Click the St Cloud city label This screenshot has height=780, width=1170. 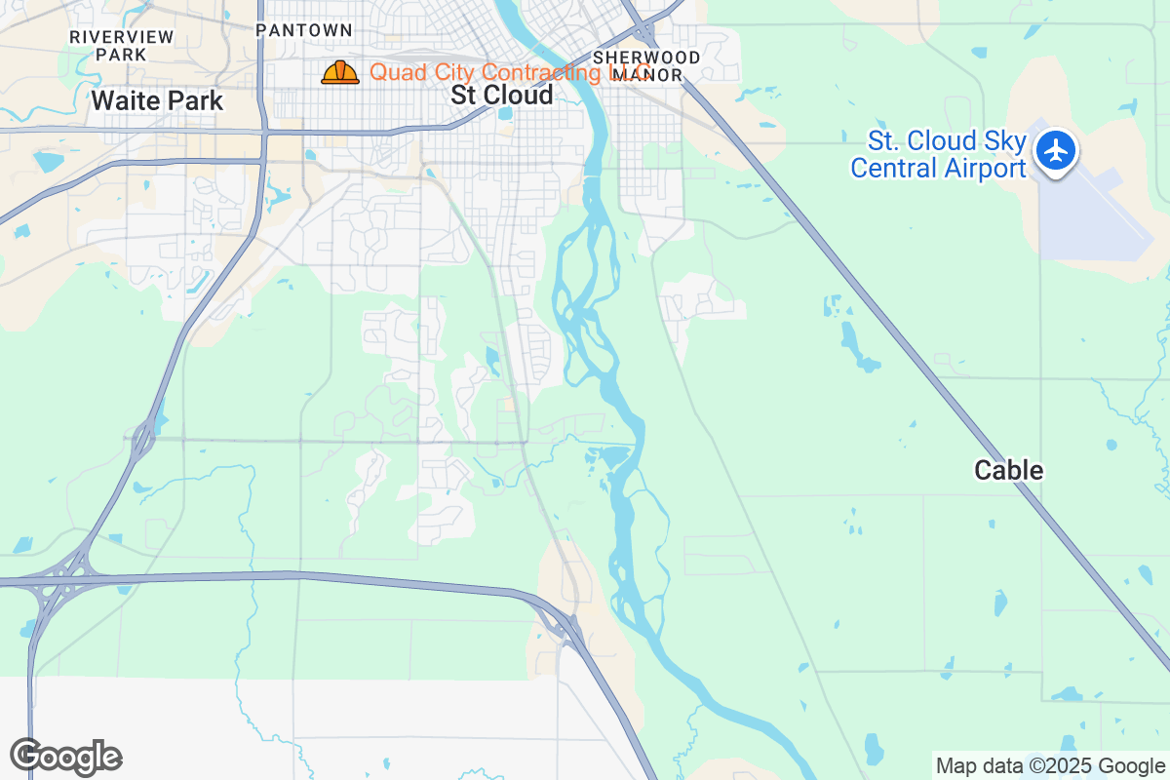(x=502, y=95)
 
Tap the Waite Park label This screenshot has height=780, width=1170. (x=157, y=100)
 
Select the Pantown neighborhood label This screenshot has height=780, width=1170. (x=303, y=30)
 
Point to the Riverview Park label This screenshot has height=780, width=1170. (x=122, y=46)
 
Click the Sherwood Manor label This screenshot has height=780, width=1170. (x=646, y=66)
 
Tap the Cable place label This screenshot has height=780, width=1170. (x=1008, y=471)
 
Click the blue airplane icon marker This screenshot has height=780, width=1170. (x=1055, y=152)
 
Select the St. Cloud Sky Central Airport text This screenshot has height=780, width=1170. (x=938, y=155)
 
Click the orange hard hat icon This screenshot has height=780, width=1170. (x=340, y=72)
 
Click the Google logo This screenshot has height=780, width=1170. (x=65, y=757)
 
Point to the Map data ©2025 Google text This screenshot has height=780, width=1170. (x=1050, y=765)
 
